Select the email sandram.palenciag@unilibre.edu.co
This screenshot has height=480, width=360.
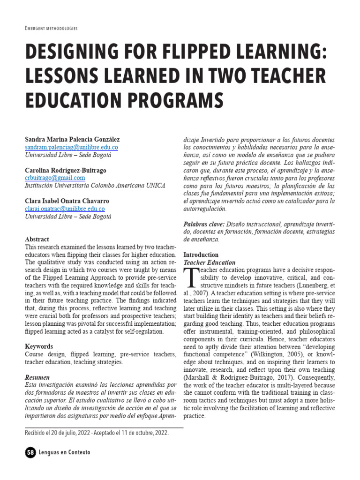pos(71,147)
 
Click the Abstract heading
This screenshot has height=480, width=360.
pos(37,239)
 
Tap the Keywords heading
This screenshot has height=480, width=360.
pos(39,346)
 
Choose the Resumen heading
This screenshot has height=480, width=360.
pos(37,377)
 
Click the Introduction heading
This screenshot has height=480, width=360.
pos(201,255)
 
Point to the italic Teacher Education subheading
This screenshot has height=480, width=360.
pos(209,262)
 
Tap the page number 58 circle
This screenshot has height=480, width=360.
pos(30,452)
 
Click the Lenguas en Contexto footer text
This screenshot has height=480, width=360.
pos(65,452)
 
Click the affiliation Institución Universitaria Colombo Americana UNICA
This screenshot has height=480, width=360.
pos(95,186)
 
